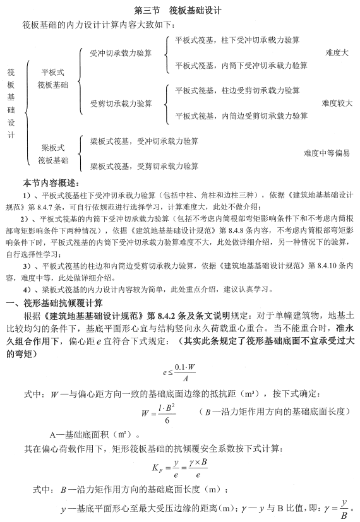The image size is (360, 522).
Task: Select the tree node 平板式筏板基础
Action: tap(52, 78)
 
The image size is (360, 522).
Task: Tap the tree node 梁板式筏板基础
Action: tap(52, 153)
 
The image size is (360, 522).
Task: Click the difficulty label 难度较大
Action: tap(337, 103)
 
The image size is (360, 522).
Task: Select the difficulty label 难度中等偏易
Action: tap(326, 153)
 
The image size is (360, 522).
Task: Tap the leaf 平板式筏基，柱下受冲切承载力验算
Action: tap(242, 40)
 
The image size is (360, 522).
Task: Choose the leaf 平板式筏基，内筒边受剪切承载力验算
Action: tap(242, 116)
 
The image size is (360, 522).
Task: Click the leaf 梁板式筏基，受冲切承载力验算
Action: tap(145, 141)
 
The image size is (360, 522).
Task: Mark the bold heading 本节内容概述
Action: tap(51, 182)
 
